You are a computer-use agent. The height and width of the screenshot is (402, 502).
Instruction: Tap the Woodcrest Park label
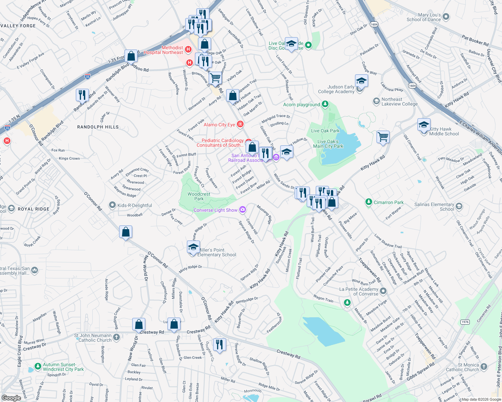coord(199,196)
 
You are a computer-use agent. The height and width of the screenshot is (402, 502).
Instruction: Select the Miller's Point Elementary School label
coord(217,252)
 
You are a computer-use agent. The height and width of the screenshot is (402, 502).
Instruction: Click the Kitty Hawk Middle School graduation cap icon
coord(424,125)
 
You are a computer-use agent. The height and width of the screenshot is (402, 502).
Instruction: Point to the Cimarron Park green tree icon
coord(369,202)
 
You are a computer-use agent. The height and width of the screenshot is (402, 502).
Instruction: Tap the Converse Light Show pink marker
coord(243,210)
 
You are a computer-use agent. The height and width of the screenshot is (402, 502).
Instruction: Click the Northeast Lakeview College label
coord(399,102)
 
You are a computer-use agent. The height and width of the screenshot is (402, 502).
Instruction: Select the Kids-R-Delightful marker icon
coord(112,205)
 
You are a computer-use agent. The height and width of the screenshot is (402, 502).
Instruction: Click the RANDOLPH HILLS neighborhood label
coord(98,127)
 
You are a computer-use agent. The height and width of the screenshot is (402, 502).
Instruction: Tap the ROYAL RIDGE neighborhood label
coord(34,209)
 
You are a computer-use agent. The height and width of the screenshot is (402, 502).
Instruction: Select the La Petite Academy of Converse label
coord(359,291)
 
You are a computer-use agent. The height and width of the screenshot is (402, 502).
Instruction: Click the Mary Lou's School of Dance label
coord(424,17)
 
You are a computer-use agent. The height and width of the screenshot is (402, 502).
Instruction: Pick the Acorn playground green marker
coord(325,105)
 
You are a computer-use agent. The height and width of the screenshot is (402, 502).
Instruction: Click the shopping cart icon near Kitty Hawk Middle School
coord(383,137)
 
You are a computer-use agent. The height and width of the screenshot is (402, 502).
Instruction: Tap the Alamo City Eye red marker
coord(240,125)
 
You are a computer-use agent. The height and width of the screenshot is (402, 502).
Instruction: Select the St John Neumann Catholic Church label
coord(93,338)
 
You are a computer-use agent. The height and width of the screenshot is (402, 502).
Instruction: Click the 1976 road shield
coord(465,322)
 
